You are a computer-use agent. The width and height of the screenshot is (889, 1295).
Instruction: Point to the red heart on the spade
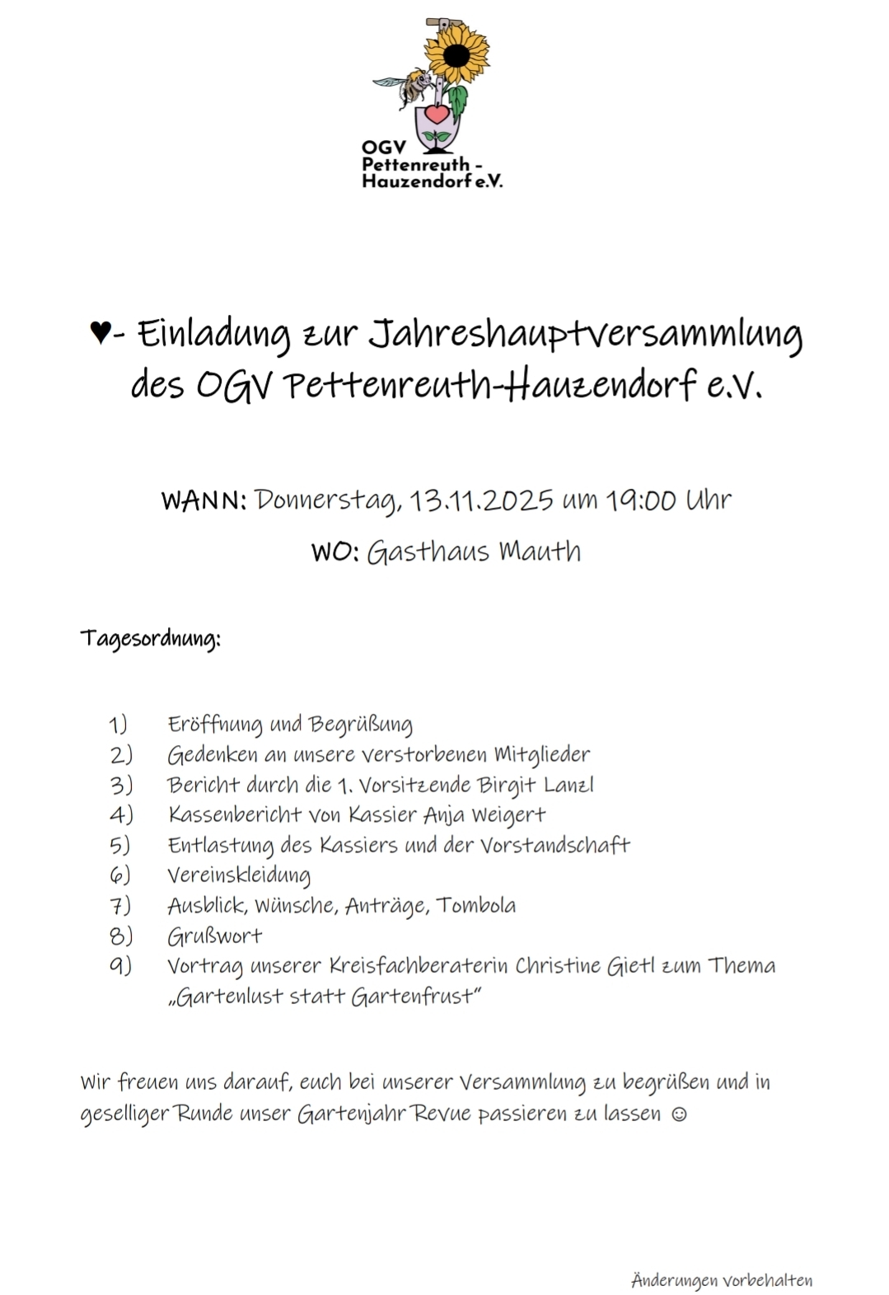pyautogui.click(x=437, y=113)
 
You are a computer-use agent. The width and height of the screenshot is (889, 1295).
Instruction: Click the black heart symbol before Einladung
pyautogui.click(x=100, y=334)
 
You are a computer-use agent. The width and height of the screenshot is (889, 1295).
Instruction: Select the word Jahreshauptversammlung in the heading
pyautogui.click(x=584, y=334)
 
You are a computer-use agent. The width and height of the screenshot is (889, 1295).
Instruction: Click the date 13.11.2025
pyautogui.click(x=482, y=500)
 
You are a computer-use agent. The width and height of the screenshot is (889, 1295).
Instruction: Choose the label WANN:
pyautogui.click(x=204, y=500)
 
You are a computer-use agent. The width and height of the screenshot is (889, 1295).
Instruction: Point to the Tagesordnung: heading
pyautogui.click(x=150, y=639)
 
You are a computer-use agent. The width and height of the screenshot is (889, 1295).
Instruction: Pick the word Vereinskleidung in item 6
pyautogui.click(x=239, y=875)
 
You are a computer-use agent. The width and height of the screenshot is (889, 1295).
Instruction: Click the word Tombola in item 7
pyautogui.click(x=476, y=905)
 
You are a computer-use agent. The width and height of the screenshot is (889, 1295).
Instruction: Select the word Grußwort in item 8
pyautogui.click(x=214, y=936)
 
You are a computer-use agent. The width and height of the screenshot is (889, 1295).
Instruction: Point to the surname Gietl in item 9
pyautogui.click(x=629, y=965)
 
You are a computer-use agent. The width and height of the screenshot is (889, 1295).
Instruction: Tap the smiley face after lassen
pyautogui.click(x=679, y=1114)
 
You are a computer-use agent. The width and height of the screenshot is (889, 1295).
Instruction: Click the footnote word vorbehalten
pyautogui.click(x=767, y=1280)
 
